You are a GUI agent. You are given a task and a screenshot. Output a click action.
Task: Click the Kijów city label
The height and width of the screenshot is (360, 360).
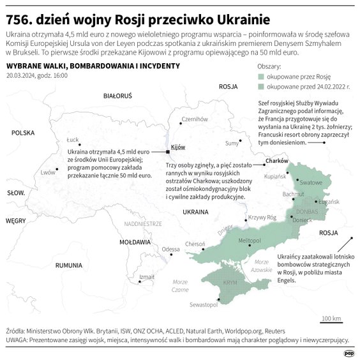tap(177, 147)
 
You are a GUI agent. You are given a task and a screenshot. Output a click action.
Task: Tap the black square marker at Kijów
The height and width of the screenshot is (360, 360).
tap(168, 151)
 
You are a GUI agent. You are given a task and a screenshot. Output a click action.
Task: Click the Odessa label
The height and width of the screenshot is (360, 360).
tap(170, 249)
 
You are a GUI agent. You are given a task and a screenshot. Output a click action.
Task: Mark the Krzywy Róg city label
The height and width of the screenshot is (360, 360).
tap(262, 217)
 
